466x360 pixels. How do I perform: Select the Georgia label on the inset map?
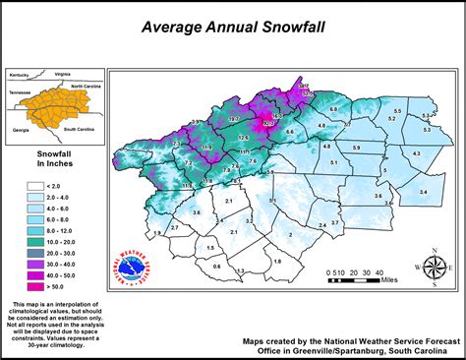tap(20, 130)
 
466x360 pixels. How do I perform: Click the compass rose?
tap(433, 267)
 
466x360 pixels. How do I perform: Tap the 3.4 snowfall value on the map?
tap(423, 192)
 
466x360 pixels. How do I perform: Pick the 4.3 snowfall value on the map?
tap(415, 154)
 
